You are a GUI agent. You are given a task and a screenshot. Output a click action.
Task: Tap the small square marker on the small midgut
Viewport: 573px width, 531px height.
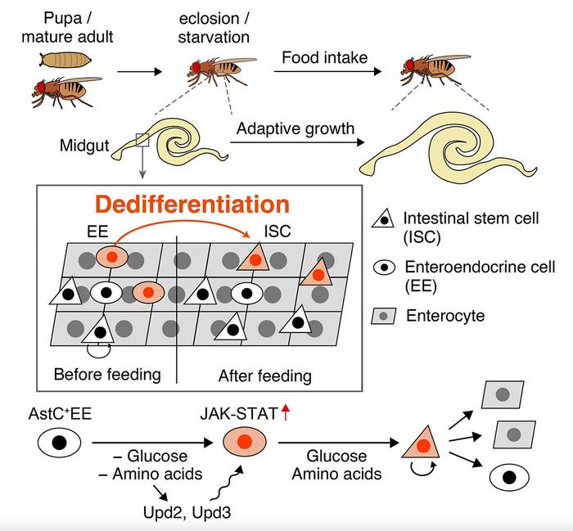point(143,142)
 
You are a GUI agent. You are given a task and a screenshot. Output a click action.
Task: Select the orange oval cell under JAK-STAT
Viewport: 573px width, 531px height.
point(243,446)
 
